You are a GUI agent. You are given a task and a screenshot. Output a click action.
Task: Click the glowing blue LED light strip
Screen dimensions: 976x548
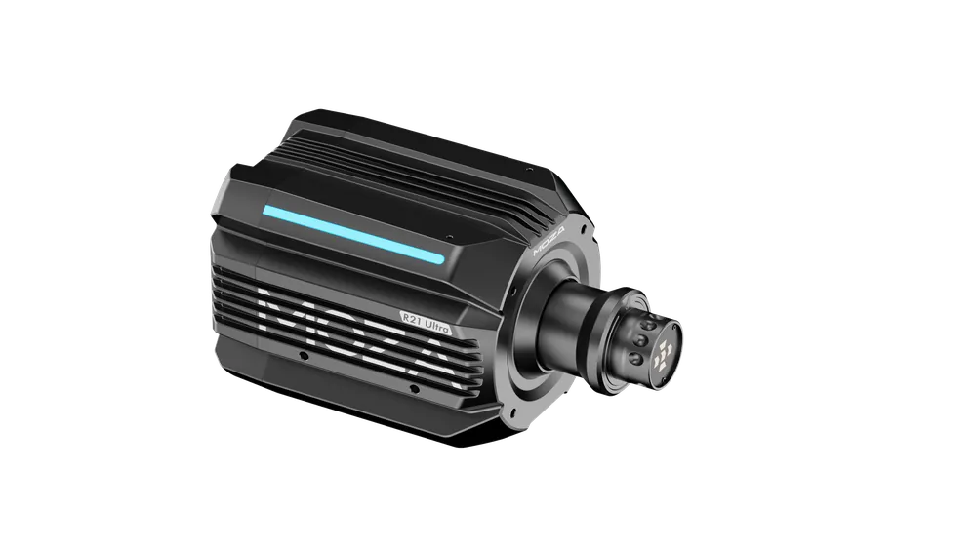click(x=353, y=234)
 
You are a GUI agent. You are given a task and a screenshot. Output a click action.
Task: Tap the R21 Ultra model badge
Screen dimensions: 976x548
click(x=426, y=323)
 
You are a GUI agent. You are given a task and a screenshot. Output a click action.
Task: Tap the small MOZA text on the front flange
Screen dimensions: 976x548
click(x=549, y=243)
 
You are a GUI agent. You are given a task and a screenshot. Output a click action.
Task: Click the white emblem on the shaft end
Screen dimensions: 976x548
click(x=662, y=355)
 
